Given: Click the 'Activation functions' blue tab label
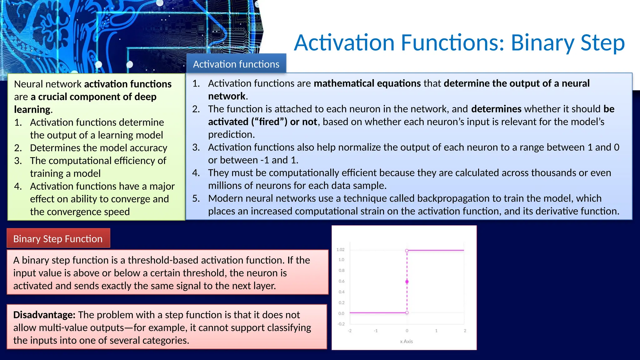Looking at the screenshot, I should pos(236,64).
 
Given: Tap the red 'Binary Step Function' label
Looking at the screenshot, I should pos(58,239).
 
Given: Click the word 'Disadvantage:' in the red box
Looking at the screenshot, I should pos(44,315).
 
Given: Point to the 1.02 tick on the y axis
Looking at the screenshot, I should pos(340,249).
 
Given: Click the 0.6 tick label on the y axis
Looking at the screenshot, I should pos(342,281).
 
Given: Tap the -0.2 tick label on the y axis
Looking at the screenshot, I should pos(341,324).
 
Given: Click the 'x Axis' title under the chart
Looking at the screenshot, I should pos(406,341).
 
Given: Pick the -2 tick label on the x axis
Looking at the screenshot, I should pos(350,331).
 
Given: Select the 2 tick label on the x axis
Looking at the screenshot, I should pos(465,331).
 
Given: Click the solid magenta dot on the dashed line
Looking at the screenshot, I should pos(407,282).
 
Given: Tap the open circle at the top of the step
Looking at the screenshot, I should pos(407,251).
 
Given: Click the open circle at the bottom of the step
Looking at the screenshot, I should pos(407,312).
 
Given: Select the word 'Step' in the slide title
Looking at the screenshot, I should pos(602,43).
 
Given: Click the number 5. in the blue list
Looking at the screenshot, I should pos(196,198).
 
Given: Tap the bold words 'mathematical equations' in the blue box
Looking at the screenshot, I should pos(367,83).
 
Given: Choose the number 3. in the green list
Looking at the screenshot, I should pos(18,161).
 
